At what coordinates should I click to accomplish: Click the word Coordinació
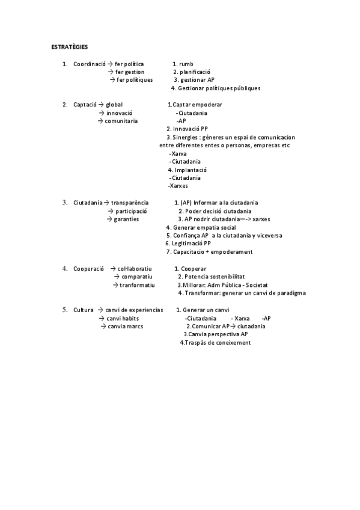click(x=89, y=63)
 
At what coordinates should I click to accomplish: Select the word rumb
click(x=186, y=63)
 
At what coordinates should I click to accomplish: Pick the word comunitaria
click(x=121, y=121)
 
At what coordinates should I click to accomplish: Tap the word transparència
click(x=130, y=203)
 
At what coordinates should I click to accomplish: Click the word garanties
click(x=127, y=219)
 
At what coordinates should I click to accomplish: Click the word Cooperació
click(x=88, y=268)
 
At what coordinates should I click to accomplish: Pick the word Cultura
click(x=84, y=310)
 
